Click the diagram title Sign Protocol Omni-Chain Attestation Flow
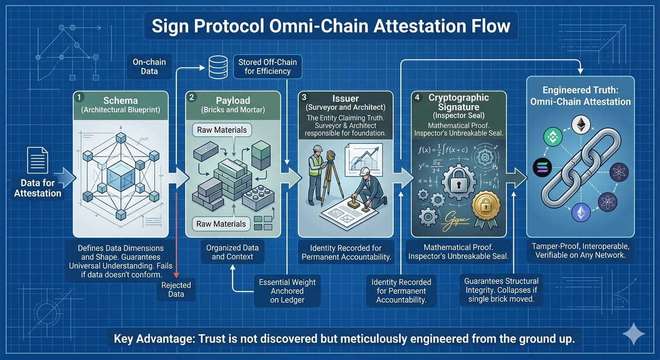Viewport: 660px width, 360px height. click(x=330, y=25)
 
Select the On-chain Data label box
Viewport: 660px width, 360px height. click(x=149, y=67)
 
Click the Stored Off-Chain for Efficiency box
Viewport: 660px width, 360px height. click(x=268, y=67)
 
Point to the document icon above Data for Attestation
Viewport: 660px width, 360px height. click(x=37, y=160)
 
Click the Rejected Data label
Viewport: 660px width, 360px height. click(x=176, y=290)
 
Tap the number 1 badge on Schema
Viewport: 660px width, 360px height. click(x=80, y=97)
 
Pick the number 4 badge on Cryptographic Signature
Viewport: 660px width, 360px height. click(x=417, y=97)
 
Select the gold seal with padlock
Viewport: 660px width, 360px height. click(x=486, y=206)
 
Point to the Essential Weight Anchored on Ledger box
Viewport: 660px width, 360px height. click(x=287, y=291)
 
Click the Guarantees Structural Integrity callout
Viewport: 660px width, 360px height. click(x=501, y=290)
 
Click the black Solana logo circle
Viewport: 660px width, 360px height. click(x=542, y=167)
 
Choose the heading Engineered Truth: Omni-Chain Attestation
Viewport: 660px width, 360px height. click(x=580, y=96)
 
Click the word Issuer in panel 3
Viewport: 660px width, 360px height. click(x=345, y=99)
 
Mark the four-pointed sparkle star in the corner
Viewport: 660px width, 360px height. click(x=634, y=334)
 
